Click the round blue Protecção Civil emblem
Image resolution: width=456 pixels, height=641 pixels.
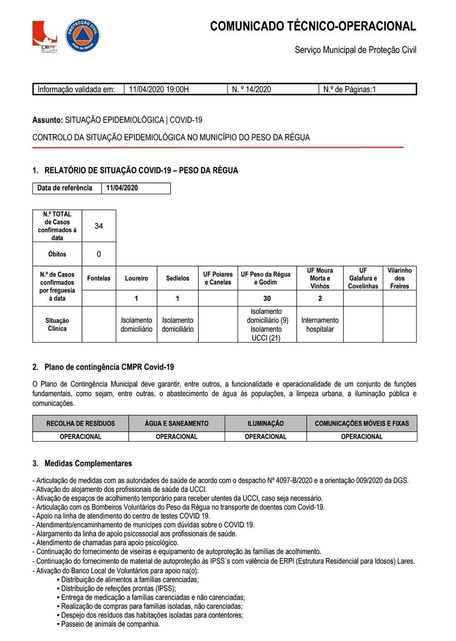tap(82, 35)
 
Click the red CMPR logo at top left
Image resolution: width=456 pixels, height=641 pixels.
tap(45, 36)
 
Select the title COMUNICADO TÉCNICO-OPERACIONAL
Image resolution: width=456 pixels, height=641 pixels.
tap(313, 26)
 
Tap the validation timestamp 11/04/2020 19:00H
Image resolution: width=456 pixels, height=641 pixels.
tap(159, 89)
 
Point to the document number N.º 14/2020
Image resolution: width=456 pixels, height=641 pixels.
tap(252, 89)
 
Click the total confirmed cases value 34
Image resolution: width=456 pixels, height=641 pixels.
tap(99, 226)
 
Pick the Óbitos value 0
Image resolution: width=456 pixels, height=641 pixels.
tap(99, 254)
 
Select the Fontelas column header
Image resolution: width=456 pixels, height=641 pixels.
tap(99, 278)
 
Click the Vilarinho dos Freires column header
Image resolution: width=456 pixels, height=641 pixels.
tap(400, 278)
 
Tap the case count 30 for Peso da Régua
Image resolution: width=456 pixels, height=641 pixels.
tap(267, 299)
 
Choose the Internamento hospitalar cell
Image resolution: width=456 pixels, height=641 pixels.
tap(320, 325)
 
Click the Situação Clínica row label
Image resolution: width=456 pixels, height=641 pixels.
tap(57, 325)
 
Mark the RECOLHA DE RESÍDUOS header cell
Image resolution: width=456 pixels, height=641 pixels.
tap(80, 424)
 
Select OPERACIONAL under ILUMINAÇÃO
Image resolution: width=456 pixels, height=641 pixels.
tap(266, 437)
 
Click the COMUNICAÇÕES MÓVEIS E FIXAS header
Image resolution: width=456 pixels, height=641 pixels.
tap(362, 424)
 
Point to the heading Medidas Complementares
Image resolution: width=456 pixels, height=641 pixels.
tap(88, 464)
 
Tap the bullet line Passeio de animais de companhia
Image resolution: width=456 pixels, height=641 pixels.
tap(110, 625)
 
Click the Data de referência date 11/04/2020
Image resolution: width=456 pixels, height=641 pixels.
tap(122, 188)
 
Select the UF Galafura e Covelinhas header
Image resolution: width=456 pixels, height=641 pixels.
tap(363, 278)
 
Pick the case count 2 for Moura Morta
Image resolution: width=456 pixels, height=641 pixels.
tap(320, 299)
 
